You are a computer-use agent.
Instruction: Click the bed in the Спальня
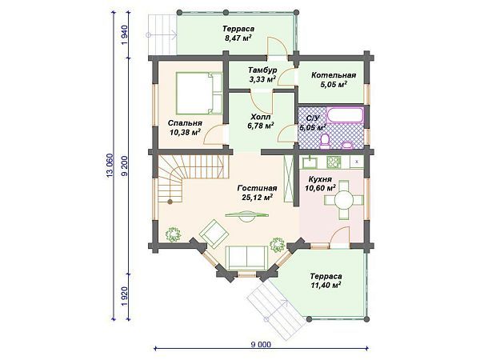(199, 93)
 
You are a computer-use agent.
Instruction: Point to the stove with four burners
(334, 162)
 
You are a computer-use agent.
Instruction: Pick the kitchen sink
(310, 162)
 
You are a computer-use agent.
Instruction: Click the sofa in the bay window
(246, 258)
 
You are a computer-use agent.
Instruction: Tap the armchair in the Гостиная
(214, 234)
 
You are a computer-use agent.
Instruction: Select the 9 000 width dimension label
(261, 344)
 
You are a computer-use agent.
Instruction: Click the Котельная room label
(334, 75)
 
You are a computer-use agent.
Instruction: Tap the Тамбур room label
(262, 70)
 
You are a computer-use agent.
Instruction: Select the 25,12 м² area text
(257, 197)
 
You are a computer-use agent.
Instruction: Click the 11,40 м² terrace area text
(326, 286)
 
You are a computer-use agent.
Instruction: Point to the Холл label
(261, 117)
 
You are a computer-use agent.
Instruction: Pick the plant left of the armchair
(174, 234)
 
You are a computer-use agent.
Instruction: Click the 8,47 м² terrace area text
(238, 38)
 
